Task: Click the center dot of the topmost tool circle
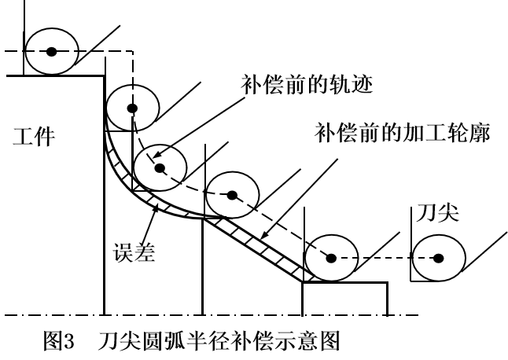[x=51, y=52]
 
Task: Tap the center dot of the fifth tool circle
[x=331, y=257]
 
